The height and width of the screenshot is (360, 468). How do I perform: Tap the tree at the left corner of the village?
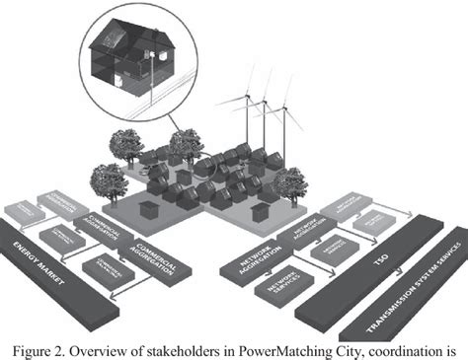pyautogui.click(x=108, y=182)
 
